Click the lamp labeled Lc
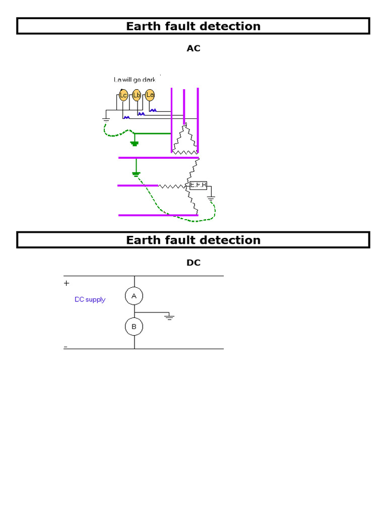123,95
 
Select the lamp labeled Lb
137,95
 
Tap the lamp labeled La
150,95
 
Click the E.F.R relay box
199,185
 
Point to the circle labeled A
134,296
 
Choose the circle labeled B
134,327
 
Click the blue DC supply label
90,299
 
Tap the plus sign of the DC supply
67,283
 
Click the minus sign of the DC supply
66,347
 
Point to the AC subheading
193,48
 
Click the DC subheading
193,263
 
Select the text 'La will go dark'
135,80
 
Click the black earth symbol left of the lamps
106,119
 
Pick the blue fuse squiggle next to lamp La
153,109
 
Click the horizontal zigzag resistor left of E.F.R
172,186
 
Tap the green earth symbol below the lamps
134,144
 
